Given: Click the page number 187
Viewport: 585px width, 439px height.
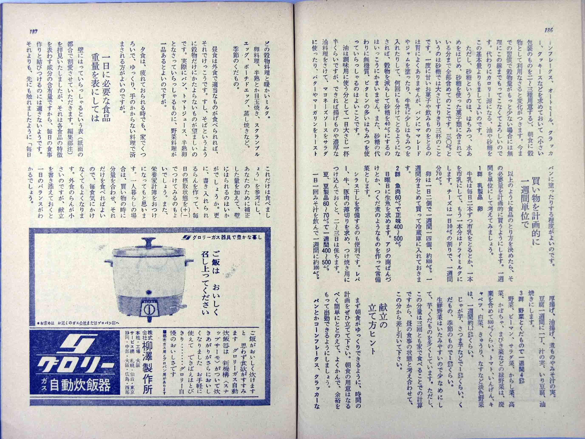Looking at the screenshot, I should pos(33,31).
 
